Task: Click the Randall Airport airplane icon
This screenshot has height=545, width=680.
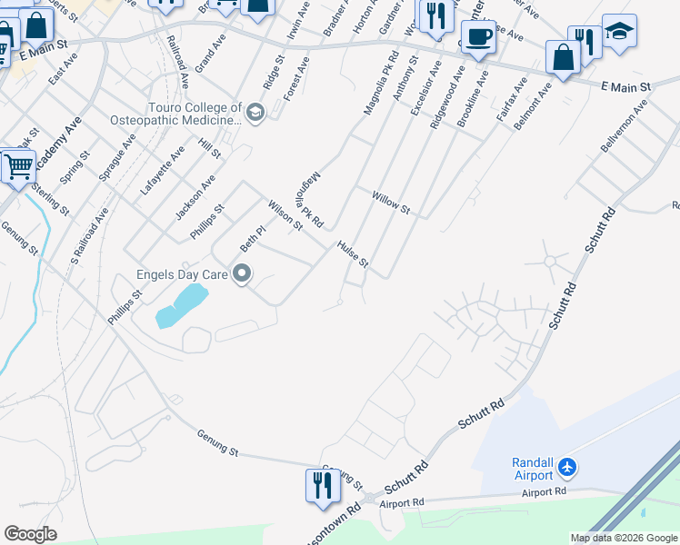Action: point(569,467)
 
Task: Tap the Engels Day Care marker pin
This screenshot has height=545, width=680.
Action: point(242,272)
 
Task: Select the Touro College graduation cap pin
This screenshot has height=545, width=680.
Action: point(255,113)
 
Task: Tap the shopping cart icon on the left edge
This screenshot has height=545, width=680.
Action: point(17,166)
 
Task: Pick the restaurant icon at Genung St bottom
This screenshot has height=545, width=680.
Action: point(322,485)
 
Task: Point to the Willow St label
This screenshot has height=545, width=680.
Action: point(392,203)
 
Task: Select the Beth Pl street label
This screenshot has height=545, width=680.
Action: point(252,239)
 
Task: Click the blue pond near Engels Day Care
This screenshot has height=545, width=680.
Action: point(182,303)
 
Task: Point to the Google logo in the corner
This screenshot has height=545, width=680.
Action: point(30,534)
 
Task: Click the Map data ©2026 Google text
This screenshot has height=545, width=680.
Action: point(624,538)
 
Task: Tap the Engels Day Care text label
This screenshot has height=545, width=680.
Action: point(182,272)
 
